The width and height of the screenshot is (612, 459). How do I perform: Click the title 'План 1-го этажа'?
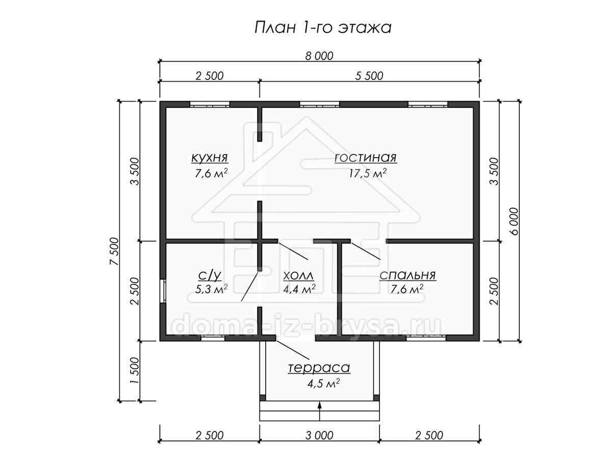coord(323,28)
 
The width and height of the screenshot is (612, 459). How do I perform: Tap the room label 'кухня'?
coord(210,158)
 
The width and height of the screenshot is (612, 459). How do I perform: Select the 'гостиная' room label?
coord(366,158)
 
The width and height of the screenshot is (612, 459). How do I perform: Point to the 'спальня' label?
coord(407,275)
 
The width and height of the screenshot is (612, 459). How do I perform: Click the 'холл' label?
coord(299,276)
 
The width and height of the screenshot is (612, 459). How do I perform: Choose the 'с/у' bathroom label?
coord(210,275)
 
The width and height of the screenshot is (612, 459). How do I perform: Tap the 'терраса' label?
coord(319,368)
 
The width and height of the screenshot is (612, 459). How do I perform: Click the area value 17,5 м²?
coord(368,173)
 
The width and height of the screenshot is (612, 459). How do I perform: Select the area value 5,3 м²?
coord(211,289)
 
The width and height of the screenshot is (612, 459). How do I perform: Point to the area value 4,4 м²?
coord(299,289)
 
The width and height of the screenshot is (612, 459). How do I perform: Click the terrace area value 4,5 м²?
coord(323,384)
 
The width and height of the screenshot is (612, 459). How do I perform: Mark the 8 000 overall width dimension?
coord(319,56)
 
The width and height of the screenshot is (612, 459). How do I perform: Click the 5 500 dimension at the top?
coord(369,76)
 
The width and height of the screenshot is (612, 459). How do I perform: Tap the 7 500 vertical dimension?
coord(114,251)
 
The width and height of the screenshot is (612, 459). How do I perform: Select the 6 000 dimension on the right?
coord(515,221)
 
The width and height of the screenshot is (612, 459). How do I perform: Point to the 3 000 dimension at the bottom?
coord(319,436)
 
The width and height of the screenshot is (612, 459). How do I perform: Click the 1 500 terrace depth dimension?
coord(135,370)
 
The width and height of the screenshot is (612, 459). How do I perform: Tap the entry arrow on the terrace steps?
coord(320,411)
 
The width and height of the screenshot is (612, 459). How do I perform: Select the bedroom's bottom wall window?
coord(426,338)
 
